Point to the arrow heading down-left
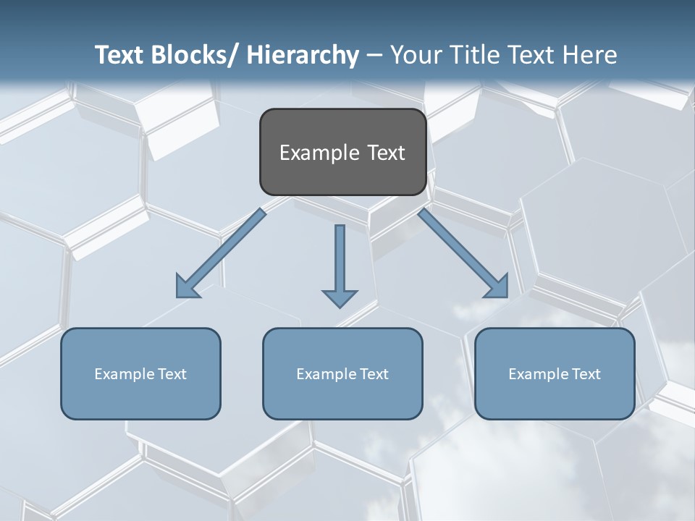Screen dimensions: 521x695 221,253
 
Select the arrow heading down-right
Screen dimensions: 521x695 463,253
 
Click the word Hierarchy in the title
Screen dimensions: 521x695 303,55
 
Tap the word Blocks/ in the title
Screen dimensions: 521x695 193,55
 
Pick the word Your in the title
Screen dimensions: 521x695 416,55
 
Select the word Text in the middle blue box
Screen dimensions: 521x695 374,374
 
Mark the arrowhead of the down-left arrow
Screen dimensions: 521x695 187,287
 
